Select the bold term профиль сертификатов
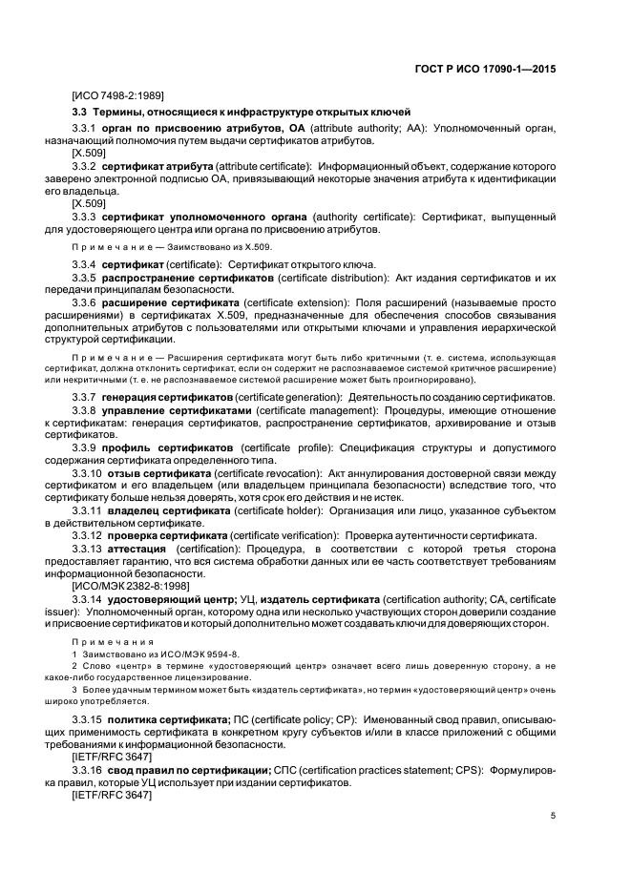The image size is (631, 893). [x=169, y=446]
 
